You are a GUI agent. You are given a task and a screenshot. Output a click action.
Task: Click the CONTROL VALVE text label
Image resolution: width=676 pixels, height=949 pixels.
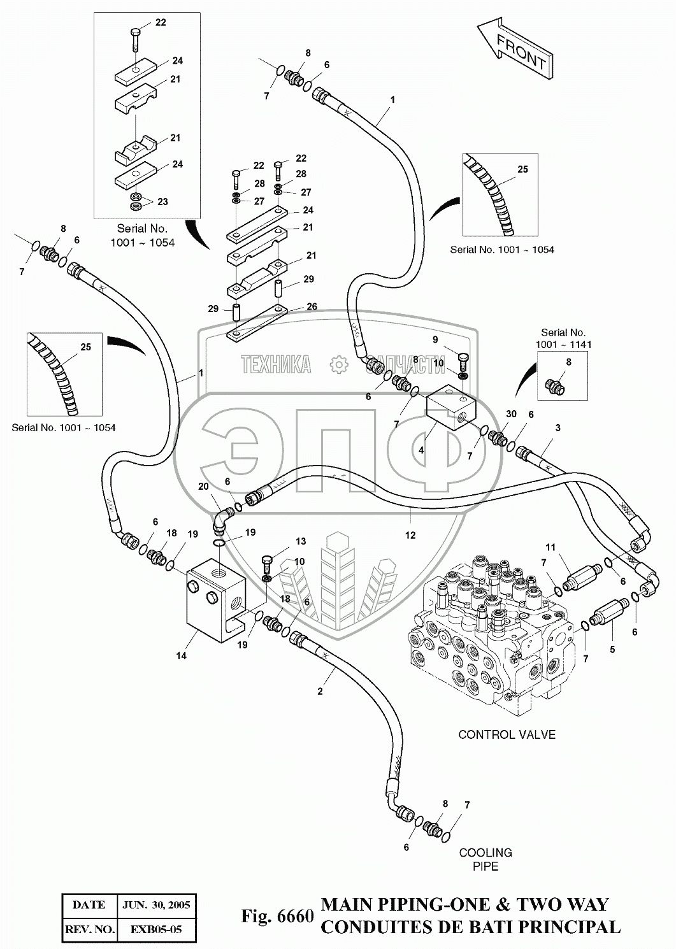(507, 734)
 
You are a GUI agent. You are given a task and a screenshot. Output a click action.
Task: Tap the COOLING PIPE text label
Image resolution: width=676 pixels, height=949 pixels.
(485, 859)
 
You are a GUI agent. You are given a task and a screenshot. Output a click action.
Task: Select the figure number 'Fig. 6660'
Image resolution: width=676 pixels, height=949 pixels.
(277, 917)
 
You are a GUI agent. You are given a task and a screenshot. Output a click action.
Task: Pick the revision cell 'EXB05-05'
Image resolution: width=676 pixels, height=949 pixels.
(156, 930)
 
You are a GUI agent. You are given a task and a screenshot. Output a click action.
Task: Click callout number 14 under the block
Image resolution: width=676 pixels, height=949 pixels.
(182, 655)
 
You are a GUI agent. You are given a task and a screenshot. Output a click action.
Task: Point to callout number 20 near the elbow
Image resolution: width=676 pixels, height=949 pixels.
(203, 487)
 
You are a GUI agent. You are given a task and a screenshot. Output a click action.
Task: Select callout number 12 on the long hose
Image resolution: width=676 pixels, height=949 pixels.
(410, 535)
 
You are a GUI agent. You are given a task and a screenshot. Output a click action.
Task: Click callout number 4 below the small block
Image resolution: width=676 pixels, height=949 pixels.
(421, 450)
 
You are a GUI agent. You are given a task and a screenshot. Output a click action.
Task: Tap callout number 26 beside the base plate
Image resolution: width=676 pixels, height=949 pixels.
(312, 306)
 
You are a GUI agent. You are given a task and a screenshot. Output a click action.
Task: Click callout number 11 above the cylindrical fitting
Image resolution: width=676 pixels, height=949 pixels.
(550, 547)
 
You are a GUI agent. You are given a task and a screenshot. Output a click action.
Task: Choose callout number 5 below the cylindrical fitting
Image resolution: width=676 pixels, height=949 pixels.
(612, 650)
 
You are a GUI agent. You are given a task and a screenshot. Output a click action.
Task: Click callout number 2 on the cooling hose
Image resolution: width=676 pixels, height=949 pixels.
(320, 691)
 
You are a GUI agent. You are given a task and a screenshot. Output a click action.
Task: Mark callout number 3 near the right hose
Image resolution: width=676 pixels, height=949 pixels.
(557, 428)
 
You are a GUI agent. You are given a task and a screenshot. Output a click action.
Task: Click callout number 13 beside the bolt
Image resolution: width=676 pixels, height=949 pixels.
(301, 541)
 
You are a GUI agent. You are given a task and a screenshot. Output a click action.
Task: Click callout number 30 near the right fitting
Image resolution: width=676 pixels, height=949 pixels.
(511, 414)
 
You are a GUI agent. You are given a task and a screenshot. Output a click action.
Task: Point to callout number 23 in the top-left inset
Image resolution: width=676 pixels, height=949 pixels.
(163, 201)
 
